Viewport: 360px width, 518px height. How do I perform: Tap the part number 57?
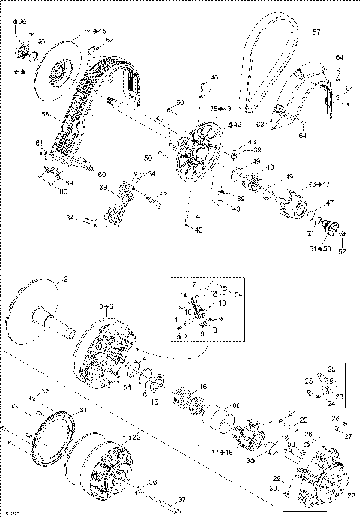point(316,32)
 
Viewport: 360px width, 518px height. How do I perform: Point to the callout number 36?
point(152,482)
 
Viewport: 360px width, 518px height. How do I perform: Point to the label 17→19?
point(222,452)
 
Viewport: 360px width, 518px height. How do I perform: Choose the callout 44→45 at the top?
point(96,31)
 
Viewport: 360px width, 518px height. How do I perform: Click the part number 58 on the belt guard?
point(44,114)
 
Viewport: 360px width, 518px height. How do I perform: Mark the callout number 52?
point(343,252)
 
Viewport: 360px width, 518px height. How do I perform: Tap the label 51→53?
point(321,247)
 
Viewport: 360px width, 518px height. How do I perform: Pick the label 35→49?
point(220,109)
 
